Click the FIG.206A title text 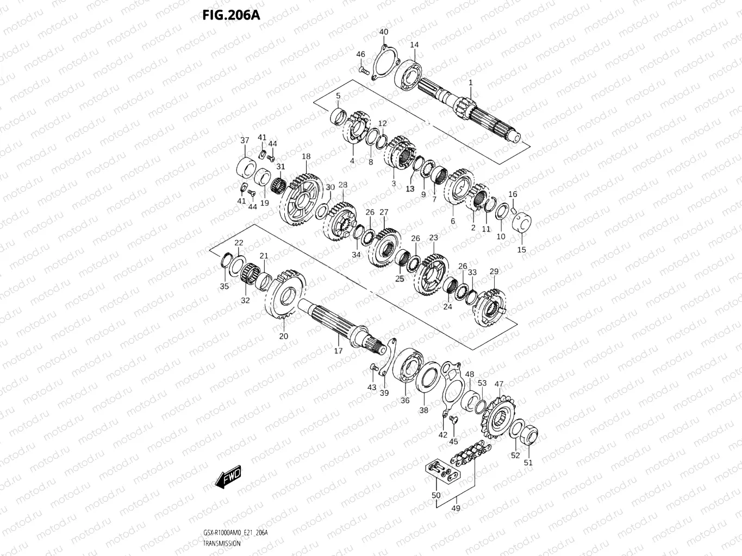pyautogui.click(x=231, y=15)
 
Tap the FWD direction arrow pyautogui.click(x=228, y=477)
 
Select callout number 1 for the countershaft pyautogui.click(x=471, y=83)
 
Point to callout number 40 pyautogui.click(x=384, y=32)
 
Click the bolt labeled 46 pyautogui.click(x=364, y=70)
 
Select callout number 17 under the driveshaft pyautogui.click(x=338, y=351)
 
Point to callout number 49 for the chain pyautogui.click(x=456, y=508)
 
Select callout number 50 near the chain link pyautogui.click(x=436, y=495)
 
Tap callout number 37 pyautogui.click(x=245, y=141)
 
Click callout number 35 pyautogui.click(x=225, y=286)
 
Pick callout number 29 pyautogui.click(x=494, y=271)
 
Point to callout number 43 pyautogui.click(x=372, y=387)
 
